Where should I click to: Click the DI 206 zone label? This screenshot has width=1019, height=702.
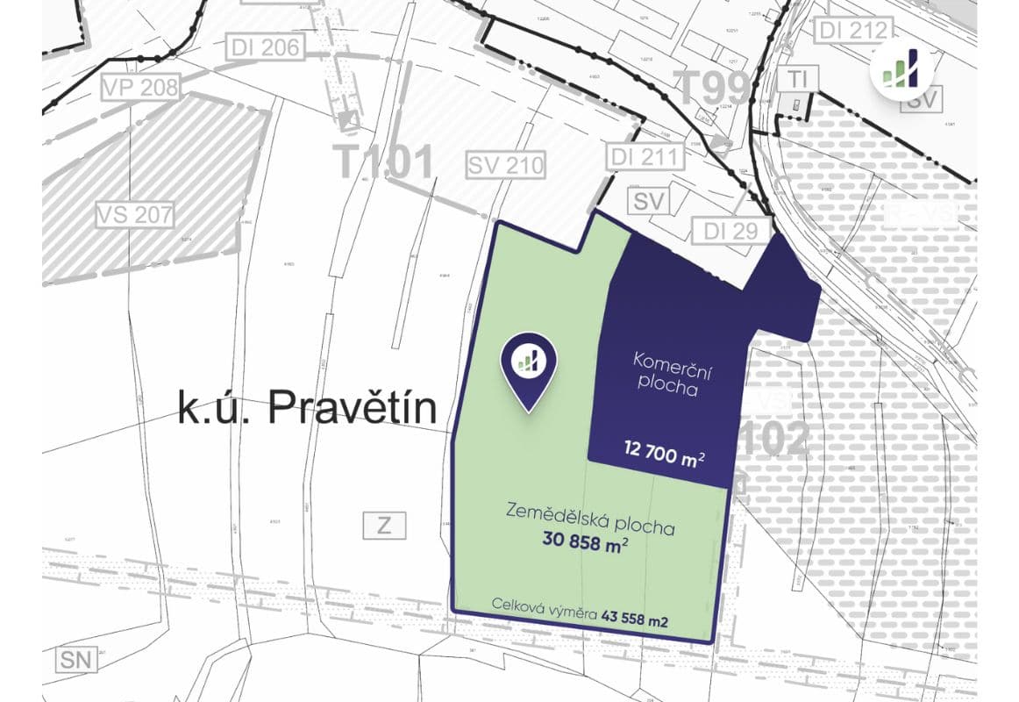click(x=266, y=47)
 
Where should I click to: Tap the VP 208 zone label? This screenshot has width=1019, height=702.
click(x=140, y=87)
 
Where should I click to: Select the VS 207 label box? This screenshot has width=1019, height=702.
click(x=135, y=213)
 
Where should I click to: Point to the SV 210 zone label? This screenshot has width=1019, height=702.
click(x=506, y=164)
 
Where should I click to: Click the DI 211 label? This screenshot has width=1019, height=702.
click(x=645, y=157)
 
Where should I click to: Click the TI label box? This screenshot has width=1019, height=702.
click(x=797, y=78)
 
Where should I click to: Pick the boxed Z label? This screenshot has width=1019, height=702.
click(x=384, y=526)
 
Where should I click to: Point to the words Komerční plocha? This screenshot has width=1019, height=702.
click(x=667, y=373)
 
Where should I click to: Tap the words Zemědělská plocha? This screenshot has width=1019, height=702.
click(x=589, y=519)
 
